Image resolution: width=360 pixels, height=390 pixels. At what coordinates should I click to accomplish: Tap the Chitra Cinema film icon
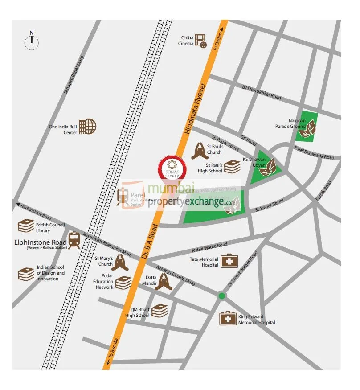click(x=201, y=41)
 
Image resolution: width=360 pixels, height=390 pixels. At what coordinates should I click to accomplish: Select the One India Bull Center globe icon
click(x=87, y=127)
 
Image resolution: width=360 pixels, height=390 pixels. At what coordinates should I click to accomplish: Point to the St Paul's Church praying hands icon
click(x=200, y=151)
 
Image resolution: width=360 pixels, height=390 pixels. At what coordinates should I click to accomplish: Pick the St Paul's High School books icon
click(x=232, y=167)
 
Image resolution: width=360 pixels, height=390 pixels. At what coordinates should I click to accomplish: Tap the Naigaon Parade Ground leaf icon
click(x=308, y=129)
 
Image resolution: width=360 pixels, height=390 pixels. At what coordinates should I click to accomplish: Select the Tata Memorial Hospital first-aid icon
click(x=229, y=261)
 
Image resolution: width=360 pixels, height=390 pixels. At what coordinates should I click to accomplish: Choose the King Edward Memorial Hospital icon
click(x=228, y=318)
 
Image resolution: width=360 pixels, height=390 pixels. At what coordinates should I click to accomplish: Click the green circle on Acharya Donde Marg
click(x=222, y=296)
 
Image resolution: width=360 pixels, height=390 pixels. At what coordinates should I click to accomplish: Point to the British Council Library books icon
click(x=26, y=226)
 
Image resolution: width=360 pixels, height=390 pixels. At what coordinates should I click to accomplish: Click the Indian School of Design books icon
click(x=26, y=274)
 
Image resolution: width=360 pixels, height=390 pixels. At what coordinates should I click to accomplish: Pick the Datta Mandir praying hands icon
click(x=163, y=282)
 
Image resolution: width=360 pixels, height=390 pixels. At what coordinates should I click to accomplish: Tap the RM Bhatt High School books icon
click(x=159, y=311)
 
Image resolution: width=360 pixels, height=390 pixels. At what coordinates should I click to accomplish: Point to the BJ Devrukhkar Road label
click(x=262, y=92)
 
